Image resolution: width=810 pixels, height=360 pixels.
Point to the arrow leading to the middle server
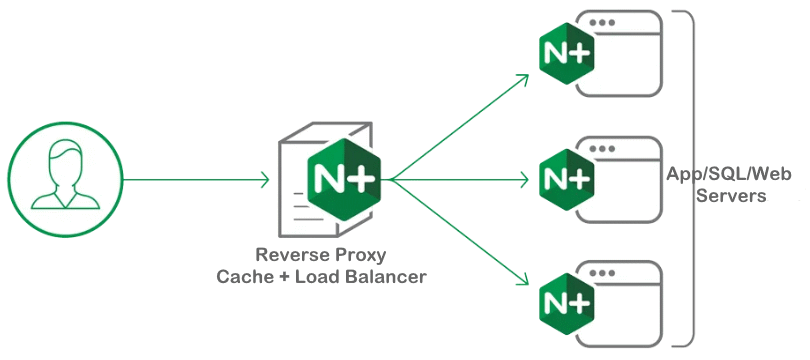pyautogui.click(x=460, y=181)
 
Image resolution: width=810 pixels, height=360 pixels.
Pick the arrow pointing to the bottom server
pyautogui.click(x=460, y=234)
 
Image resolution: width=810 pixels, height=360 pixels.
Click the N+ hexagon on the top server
pyautogui.click(x=567, y=53)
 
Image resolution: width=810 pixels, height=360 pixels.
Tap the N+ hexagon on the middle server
pyautogui.click(x=567, y=179)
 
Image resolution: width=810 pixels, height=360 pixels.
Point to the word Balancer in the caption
pyautogui.click(x=385, y=276)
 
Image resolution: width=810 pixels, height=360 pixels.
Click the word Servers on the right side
pyautogui.click(x=733, y=196)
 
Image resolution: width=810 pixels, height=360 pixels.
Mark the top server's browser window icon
pyautogui.click(x=625, y=54)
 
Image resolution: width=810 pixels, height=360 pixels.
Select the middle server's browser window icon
pyautogui.click(x=625, y=180)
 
